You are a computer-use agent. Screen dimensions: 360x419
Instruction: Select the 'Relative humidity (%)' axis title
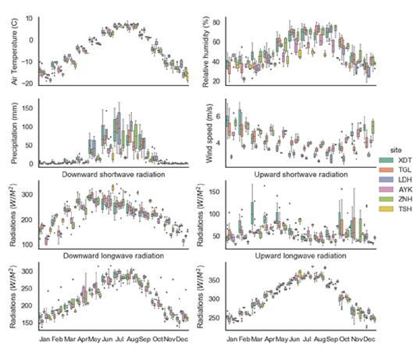point(202,51)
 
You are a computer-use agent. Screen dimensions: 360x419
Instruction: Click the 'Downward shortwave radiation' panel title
point(113,175)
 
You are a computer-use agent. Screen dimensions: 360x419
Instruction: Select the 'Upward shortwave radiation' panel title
point(302,175)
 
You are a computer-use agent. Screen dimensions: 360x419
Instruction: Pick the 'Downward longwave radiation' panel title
point(113,256)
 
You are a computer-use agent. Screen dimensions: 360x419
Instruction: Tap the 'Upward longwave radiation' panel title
point(302,256)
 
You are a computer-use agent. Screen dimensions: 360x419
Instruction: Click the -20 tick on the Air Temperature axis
point(29,83)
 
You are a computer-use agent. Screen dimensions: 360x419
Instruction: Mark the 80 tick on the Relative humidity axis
point(217,21)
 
